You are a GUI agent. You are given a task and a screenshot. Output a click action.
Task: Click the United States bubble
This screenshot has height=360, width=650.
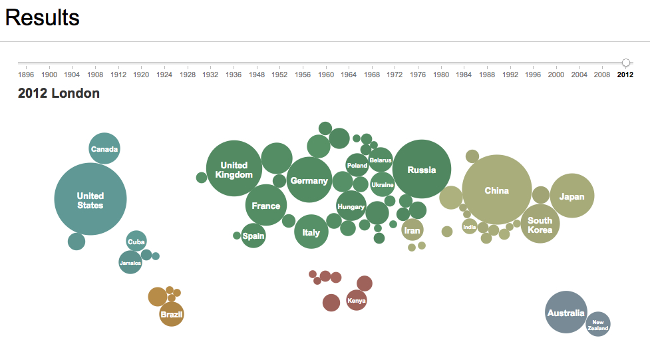tap(90, 199)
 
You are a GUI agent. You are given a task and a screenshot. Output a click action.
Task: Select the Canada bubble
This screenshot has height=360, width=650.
tap(104, 148)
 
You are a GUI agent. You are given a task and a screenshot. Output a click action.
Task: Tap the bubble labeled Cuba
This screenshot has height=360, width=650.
tap(136, 242)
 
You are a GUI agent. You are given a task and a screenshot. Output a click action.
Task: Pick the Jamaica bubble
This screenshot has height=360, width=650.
tap(130, 263)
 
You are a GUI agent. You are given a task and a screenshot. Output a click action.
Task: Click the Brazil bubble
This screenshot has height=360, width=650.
tap(172, 314)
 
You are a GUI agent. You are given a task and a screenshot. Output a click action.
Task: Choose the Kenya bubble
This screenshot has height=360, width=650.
tap(357, 300)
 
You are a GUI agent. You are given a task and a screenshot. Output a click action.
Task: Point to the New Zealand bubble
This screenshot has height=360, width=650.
tap(598, 324)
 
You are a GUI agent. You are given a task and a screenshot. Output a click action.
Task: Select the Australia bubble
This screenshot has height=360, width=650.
tap(566, 312)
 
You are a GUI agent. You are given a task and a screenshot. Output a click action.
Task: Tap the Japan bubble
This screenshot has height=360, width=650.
tap(572, 196)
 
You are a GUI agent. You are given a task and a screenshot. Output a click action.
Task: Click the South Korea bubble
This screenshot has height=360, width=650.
tap(540, 224)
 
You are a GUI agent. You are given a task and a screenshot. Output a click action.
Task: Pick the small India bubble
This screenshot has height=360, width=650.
tap(470, 226)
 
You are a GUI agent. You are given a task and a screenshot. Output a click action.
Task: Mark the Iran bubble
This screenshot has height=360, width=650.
tap(412, 230)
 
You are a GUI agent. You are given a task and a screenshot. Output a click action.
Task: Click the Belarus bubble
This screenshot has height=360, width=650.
tap(381, 160)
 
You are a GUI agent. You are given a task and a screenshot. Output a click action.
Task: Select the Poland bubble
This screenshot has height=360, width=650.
tap(357, 165)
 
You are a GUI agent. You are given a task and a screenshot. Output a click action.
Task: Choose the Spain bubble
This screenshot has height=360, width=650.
tap(253, 236)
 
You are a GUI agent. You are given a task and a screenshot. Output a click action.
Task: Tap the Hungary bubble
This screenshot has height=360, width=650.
tap(351, 206)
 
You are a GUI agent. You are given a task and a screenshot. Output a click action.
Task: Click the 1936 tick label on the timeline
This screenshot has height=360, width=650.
tap(234, 75)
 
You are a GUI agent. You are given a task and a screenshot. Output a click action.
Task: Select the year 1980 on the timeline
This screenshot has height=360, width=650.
tap(441, 75)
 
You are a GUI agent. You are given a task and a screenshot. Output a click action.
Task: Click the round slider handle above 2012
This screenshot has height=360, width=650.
tap(626, 63)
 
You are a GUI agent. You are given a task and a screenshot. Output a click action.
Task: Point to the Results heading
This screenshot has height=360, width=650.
tap(43, 18)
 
